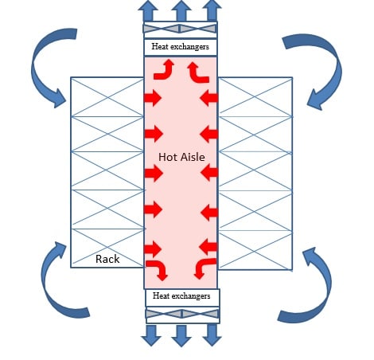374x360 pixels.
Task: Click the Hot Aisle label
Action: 181,157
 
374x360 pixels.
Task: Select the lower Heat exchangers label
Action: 181,296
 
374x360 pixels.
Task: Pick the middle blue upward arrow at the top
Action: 181,11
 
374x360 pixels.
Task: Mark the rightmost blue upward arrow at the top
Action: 212,11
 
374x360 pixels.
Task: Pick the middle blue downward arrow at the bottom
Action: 181,335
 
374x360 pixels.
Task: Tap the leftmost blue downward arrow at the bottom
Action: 150,335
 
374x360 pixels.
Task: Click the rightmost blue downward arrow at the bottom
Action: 211,335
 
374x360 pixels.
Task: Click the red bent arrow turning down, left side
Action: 158,268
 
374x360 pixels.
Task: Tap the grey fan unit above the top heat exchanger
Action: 181,29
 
